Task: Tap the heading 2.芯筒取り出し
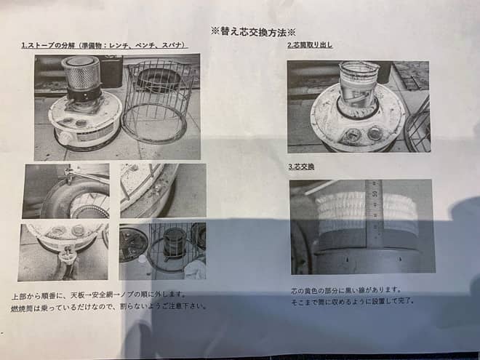[311, 46]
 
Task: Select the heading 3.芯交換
[301, 167]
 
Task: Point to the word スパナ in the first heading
[173, 46]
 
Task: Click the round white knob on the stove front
[65, 137]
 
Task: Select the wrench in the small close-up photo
[69, 175]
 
